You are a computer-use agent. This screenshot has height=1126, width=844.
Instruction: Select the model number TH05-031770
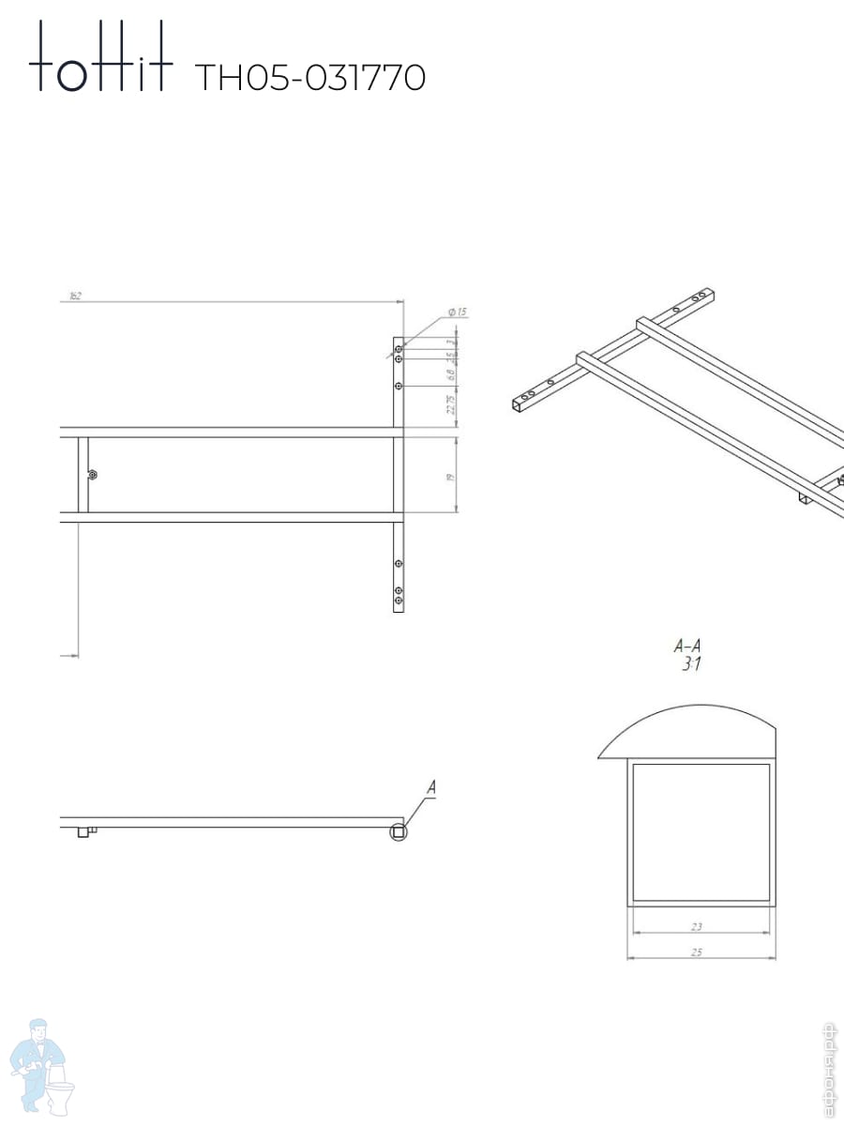tap(309, 78)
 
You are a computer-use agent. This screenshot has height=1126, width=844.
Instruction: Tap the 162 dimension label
tap(75, 296)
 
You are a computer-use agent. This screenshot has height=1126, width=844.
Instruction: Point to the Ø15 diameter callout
tap(458, 312)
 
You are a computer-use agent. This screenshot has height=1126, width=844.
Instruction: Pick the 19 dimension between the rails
tap(450, 477)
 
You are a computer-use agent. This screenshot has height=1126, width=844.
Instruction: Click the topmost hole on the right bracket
tap(399, 349)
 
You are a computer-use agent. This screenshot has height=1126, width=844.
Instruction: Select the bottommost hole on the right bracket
tap(399, 600)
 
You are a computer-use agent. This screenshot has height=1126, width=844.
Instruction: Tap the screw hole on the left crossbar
tap(91, 475)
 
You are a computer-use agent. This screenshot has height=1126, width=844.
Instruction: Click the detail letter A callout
tap(431, 788)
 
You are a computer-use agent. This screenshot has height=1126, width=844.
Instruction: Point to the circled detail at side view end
tap(399, 831)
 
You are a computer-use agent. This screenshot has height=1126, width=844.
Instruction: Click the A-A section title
tap(687, 647)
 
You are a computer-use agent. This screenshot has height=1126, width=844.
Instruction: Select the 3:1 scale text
tap(691, 665)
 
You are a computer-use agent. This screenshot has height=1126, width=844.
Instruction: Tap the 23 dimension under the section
tap(697, 927)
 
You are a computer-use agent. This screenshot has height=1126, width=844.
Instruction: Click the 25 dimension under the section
tap(697, 952)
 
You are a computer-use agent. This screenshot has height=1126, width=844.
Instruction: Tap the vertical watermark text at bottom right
tap(828, 1070)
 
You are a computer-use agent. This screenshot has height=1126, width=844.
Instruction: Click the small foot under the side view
tap(83, 831)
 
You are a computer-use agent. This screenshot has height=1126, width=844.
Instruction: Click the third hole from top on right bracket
tap(399, 386)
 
